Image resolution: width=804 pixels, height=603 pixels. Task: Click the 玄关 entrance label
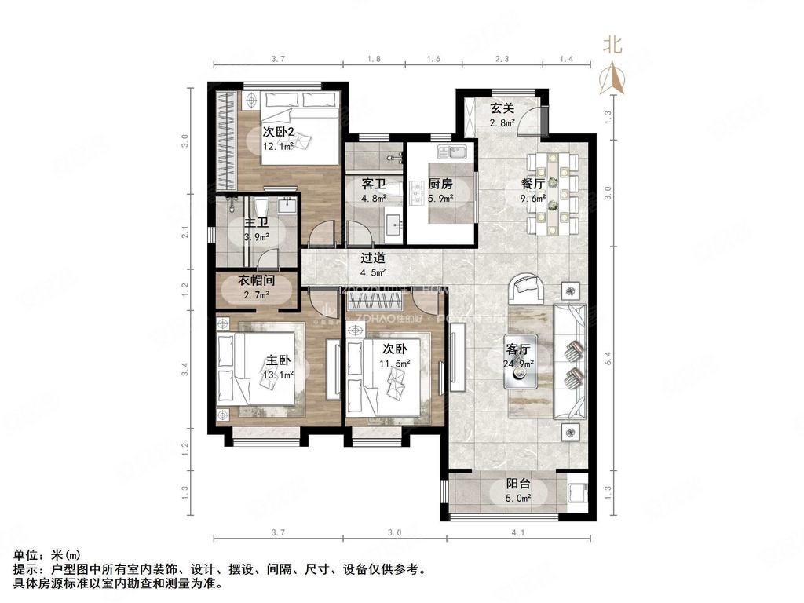click(x=502, y=109)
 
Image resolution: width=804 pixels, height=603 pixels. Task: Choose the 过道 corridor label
click(x=372, y=258)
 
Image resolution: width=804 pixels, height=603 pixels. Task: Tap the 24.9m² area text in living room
click(x=518, y=364)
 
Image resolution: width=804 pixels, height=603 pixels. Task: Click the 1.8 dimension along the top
click(x=375, y=59)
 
